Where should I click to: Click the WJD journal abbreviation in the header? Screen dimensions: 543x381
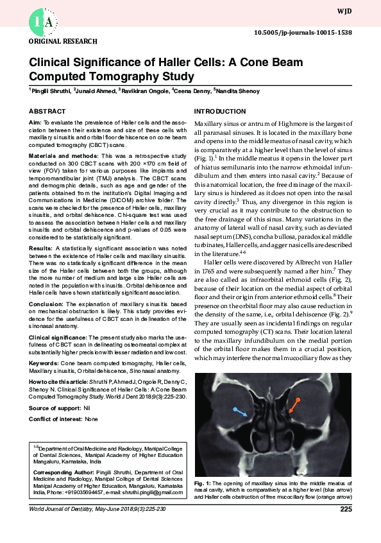pyautogui.click(x=362, y=12)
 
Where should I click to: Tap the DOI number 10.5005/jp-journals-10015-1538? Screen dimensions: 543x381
pyautogui.click(x=312, y=31)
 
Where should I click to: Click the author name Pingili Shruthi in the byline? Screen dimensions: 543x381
pyautogui.click(x=50, y=91)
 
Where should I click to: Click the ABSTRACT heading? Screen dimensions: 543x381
pyautogui.click(x=47, y=111)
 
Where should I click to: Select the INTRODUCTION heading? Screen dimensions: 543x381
pyautogui.click(x=219, y=111)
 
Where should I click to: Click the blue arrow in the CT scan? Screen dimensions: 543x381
pyautogui.click(x=240, y=412)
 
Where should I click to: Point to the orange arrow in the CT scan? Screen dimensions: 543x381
pyautogui.click(x=294, y=406)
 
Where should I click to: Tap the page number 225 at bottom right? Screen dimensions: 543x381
pyautogui.click(x=346, y=510)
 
